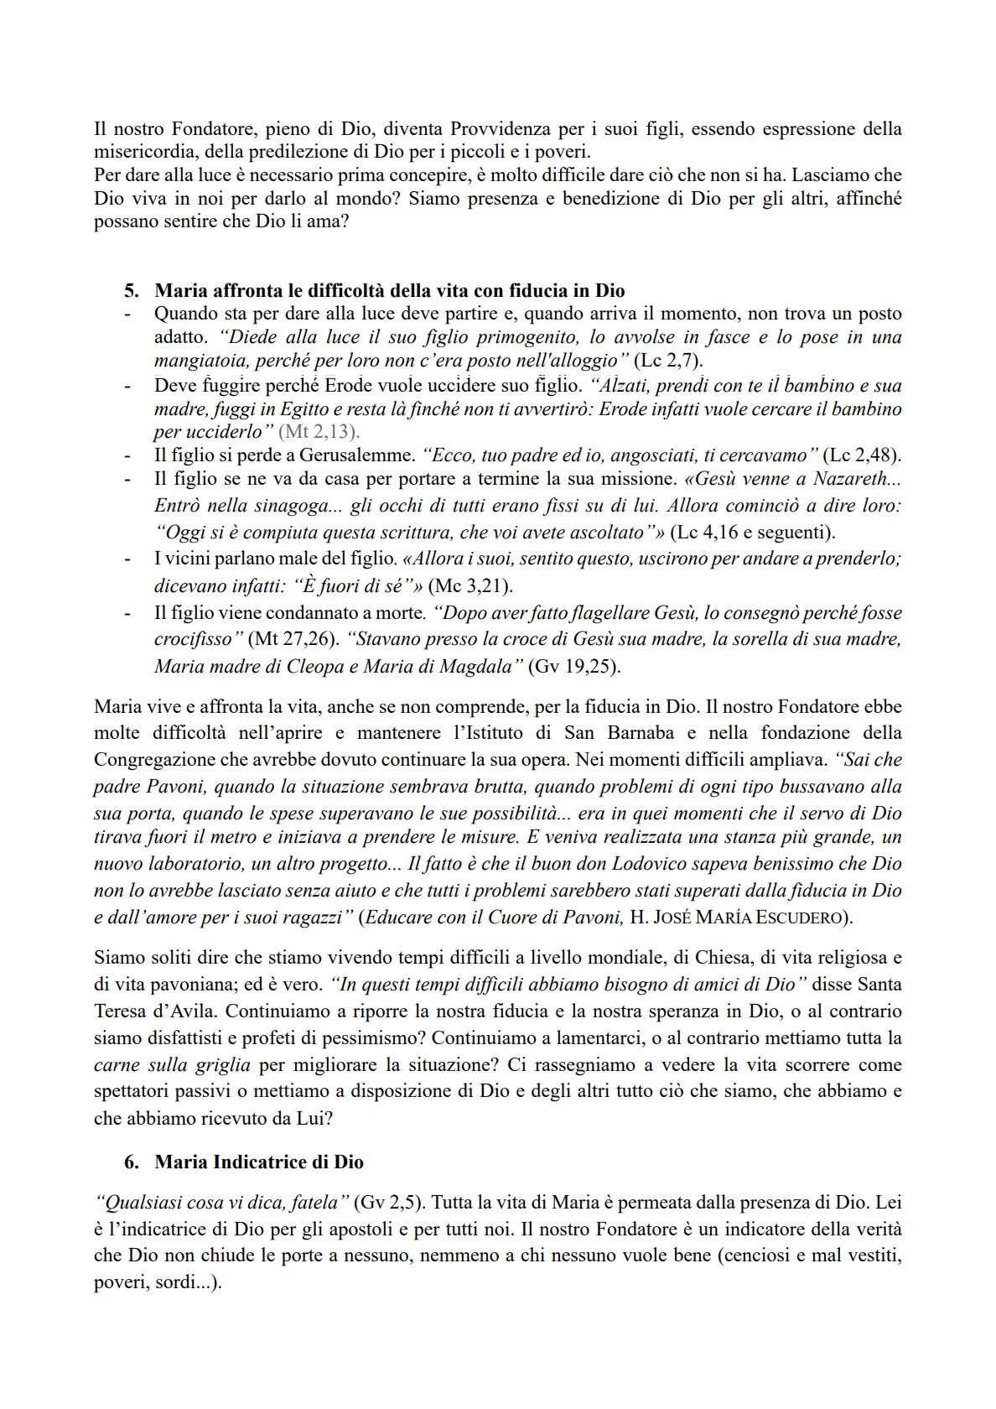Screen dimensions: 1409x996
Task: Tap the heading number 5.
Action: pyautogui.click(x=132, y=291)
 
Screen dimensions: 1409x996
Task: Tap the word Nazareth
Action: pyautogui.click(x=856, y=479)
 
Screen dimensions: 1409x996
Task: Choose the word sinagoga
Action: pyautogui.click(x=284, y=506)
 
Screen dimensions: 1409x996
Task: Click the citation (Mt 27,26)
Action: pyautogui.click(x=293, y=639)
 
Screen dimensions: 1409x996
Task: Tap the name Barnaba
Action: pyautogui.click(x=641, y=733)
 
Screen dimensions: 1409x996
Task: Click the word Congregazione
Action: pyautogui.click(x=152, y=760)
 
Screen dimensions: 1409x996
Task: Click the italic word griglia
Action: pyautogui.click(x=223, y=1065)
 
